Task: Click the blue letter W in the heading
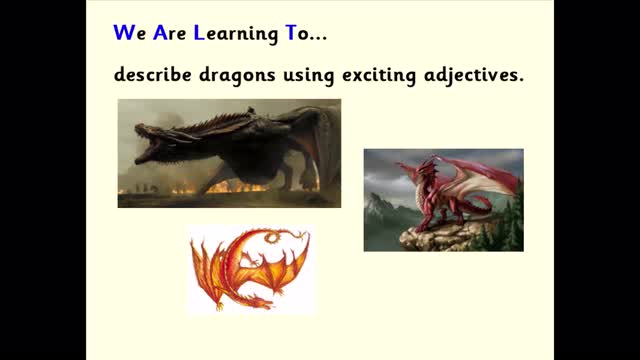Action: pyautogui.click(x=124, y=33)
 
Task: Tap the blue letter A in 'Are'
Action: pyautogui.click(x=160, y=33)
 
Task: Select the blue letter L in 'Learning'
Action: pyautogui.click(x=199, y=33)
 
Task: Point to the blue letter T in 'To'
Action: pyautogui.click(x=291, y=33)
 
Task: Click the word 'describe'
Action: pyautogui.click(x=153, y=75)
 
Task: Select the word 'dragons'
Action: pyautogui.click(x=237, y=76)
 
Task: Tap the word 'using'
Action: pyautogui.click(x=309, y=77)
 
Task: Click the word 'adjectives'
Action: pyautogui.click(x=473, y=76)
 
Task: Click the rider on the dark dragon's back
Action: pyautogui.click(x=251, y=110)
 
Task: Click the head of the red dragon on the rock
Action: pyautogui.click(x=427, y=168)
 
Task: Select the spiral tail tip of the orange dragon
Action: pyautogui.click(x=272, y=236)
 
